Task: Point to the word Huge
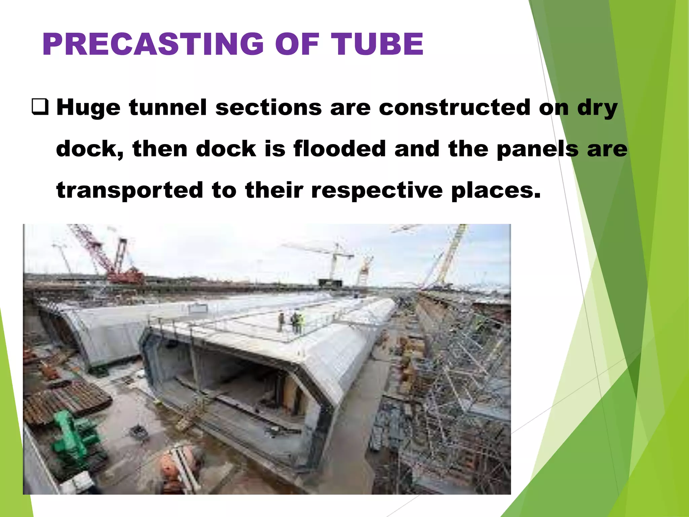click(x=88, y=108)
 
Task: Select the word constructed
click(x=455, y=108)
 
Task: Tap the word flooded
click(x=339, y=149)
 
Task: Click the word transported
click(x=130, y=191)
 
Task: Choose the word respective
click(x=377, y=191)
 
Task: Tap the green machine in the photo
click(x=76, y=434)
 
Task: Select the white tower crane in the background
click(x=333, y=259)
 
